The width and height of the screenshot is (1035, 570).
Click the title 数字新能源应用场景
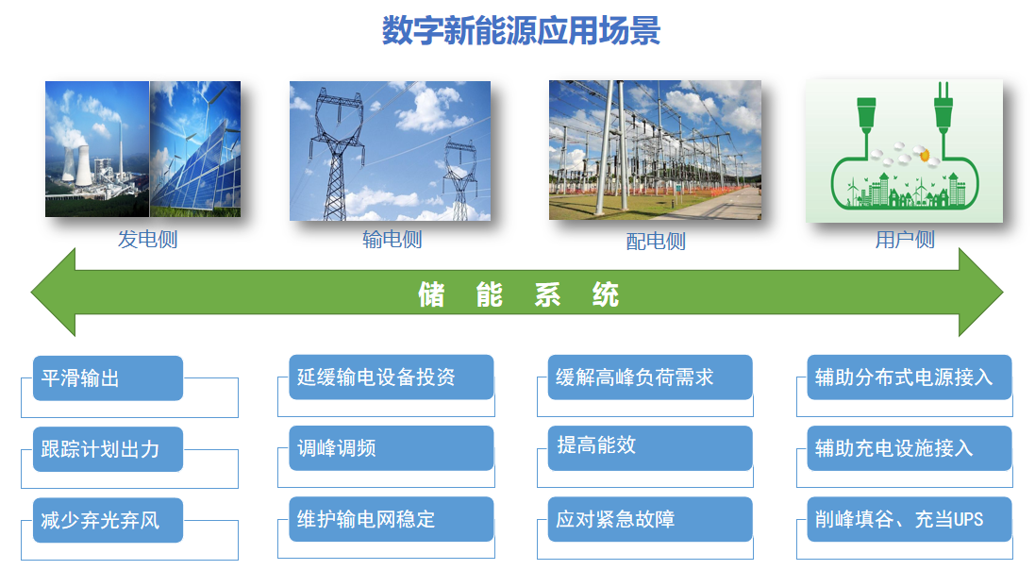522,30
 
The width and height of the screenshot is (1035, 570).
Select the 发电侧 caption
148,239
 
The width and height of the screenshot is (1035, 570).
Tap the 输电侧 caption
392,239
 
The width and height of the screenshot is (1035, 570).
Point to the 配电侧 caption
656,241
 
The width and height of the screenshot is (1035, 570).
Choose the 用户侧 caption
905,239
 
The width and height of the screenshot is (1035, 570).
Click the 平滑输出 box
108,377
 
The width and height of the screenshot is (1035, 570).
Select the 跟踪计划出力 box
108,449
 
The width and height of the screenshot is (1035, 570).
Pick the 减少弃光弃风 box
108,521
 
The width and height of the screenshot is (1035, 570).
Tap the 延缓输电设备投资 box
392,377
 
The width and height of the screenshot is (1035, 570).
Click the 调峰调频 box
392,448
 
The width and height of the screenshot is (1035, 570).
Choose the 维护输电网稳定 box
392,519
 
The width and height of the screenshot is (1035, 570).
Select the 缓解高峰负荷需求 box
650,377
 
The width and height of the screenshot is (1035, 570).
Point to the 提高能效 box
650,448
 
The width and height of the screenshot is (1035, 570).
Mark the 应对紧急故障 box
650,519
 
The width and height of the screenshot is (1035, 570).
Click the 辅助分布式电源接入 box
910,377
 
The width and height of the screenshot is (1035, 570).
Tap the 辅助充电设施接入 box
910,448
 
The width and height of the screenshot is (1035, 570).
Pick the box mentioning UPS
910,519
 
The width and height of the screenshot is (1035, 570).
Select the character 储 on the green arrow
431,294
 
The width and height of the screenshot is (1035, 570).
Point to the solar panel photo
195,148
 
